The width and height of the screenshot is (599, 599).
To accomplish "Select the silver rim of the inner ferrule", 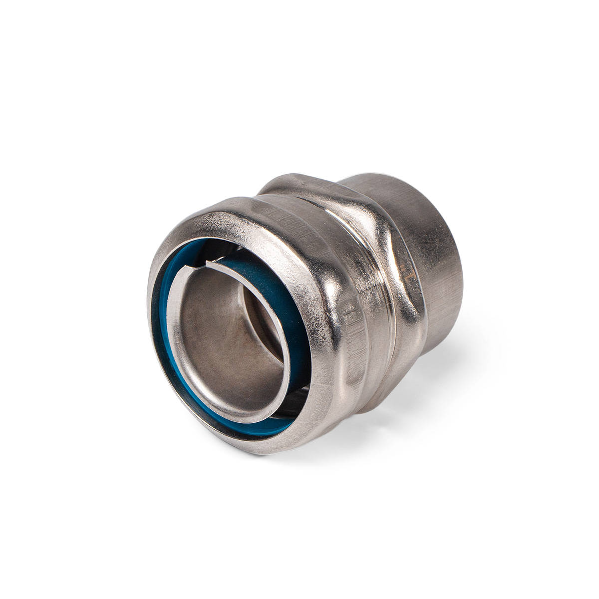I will [x=172, y=319].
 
